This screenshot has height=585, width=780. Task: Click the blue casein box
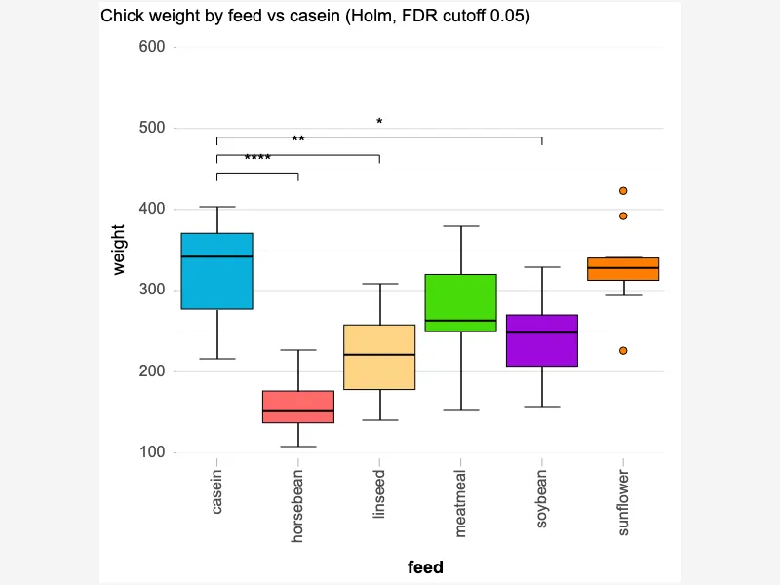click(216, 271)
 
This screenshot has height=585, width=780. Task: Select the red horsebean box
click(298, 407)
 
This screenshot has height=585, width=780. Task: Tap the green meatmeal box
click(461, 303)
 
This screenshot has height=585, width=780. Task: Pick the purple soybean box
click(542, 340)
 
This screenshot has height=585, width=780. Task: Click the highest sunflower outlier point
click(623, 191)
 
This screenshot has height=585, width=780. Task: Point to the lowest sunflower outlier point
click(623, 351)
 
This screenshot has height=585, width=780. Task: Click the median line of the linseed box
click(379, 355)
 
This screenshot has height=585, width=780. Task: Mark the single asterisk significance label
click(379, 121)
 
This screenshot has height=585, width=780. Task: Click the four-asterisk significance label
click(257, 158)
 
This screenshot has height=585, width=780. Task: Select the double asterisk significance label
click(298, 138)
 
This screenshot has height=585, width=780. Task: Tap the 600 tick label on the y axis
click(152, 46)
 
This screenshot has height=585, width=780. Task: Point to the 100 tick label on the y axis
click(152, 452)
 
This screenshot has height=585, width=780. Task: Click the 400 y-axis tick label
click(152, 209)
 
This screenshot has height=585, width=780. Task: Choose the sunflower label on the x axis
click(623, 502)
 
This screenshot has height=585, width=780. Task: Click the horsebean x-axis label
click(297, 506)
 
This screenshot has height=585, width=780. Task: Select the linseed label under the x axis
click(379, 494)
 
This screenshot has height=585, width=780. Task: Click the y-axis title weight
click(118, 250)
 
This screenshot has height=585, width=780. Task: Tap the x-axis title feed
click(425, 567)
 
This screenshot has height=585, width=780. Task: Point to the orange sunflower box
click(623, 269)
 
